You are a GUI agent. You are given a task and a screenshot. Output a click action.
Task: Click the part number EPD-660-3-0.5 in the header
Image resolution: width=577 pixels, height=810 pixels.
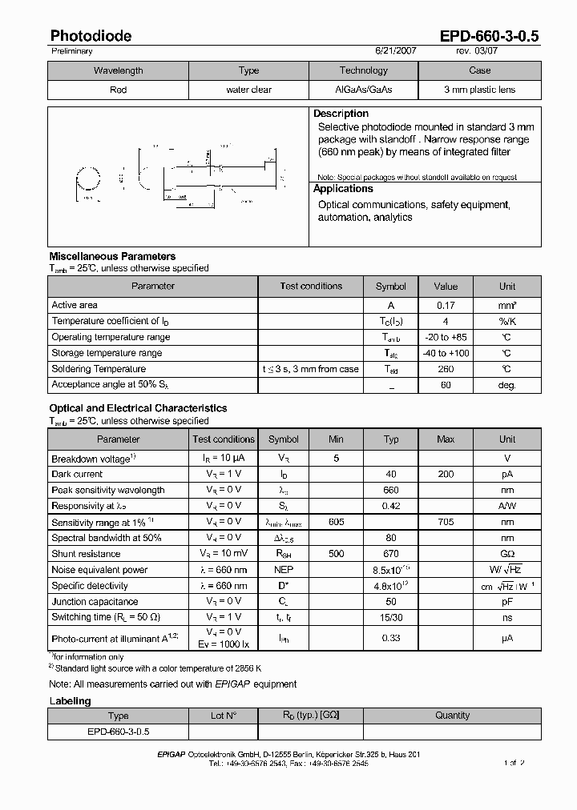(x=489, y=36)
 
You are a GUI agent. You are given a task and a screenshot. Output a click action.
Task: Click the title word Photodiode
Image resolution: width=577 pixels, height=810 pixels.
(x=91, y=36)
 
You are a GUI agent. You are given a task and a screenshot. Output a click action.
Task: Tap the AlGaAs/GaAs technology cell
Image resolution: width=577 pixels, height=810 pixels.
(x=363, y=90)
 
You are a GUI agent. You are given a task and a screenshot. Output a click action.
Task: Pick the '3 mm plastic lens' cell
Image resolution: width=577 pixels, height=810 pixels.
(x=479, y=90)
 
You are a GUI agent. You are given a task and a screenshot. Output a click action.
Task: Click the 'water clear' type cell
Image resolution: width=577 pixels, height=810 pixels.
(x=248, y=90)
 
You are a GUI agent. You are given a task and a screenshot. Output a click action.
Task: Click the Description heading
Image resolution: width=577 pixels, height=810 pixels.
(x=341, y=114)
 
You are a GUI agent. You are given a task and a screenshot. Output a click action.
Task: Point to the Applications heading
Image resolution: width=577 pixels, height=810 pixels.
(x=343, y=189)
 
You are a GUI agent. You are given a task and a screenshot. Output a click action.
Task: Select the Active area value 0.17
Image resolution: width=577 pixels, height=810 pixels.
(x=446, y=305)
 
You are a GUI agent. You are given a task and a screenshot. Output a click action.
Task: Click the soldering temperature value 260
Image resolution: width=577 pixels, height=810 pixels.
(x=446, y=369)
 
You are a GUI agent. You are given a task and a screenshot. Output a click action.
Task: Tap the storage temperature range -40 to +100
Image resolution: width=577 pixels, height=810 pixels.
(x=446, y=353)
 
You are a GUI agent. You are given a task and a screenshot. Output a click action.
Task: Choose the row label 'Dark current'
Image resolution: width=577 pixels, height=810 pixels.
(x=77, y=475)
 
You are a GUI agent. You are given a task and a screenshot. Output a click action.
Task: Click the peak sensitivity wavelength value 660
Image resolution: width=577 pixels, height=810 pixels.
(x=391, y=491)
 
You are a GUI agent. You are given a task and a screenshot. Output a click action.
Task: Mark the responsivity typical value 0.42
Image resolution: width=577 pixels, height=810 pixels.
(x=391, y=506)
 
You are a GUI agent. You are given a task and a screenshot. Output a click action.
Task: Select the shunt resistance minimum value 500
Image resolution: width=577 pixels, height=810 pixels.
(x=336, y=554)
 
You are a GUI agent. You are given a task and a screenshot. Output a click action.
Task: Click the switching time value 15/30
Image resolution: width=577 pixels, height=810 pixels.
(x=391, y=617)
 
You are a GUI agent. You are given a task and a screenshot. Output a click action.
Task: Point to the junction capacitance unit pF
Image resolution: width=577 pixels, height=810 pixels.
(x=507, y=601)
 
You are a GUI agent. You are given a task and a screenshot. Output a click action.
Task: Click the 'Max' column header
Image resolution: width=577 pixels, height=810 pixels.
(x=446, y=439)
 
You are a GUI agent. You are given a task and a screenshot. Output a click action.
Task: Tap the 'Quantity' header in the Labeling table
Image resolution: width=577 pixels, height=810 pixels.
(x=452, y=716)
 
